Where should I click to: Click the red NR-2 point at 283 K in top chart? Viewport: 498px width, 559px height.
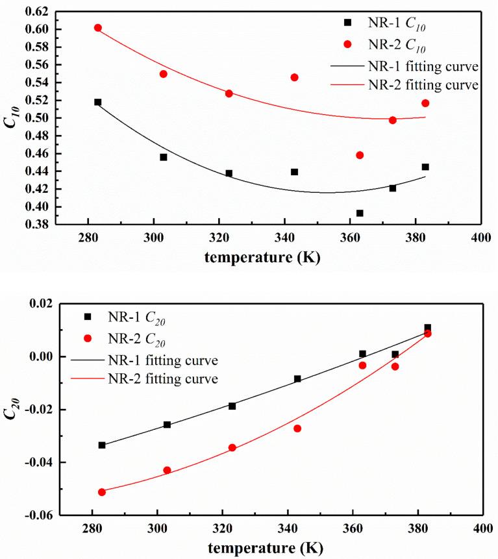click(98, 28)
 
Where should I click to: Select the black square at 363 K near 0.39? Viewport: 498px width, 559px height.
click(360, 213)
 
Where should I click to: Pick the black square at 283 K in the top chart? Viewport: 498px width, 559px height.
click(98, 102)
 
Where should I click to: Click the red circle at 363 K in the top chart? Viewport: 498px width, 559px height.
click(360, 155)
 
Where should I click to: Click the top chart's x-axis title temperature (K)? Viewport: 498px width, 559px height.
click(262, 256)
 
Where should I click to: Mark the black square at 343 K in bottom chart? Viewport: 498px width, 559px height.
click(297, 379)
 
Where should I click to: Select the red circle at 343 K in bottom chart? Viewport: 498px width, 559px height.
click(297, 429)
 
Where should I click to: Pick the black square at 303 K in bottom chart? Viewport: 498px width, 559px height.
click(167, 425)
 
